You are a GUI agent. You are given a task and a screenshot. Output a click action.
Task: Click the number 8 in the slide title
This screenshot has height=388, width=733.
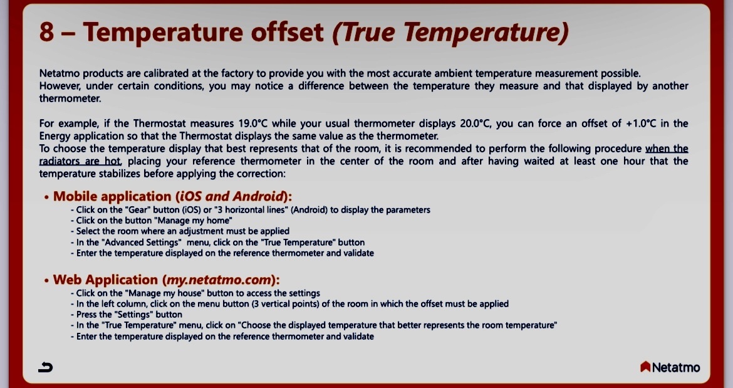tap(47, 32)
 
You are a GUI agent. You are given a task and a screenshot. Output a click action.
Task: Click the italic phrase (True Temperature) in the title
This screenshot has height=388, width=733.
tap(450, 33)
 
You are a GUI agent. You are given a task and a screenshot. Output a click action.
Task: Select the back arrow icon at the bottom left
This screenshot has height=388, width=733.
tap(45, 367)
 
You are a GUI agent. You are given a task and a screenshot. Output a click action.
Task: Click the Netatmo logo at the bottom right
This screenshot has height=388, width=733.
tap(670, 367)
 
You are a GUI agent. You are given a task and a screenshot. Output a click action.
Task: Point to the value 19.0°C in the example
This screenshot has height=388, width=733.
tap(253, 123)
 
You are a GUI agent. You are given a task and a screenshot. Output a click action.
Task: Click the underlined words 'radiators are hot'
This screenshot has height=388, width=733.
tap(80, 161)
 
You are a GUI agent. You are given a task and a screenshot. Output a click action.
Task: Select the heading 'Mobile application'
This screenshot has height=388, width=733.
tap(112, 196)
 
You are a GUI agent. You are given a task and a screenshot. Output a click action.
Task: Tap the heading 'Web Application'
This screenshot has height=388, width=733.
tap(105, 280)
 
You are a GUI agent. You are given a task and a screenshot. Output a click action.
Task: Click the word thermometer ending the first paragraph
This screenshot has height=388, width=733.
tap(70, 98)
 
